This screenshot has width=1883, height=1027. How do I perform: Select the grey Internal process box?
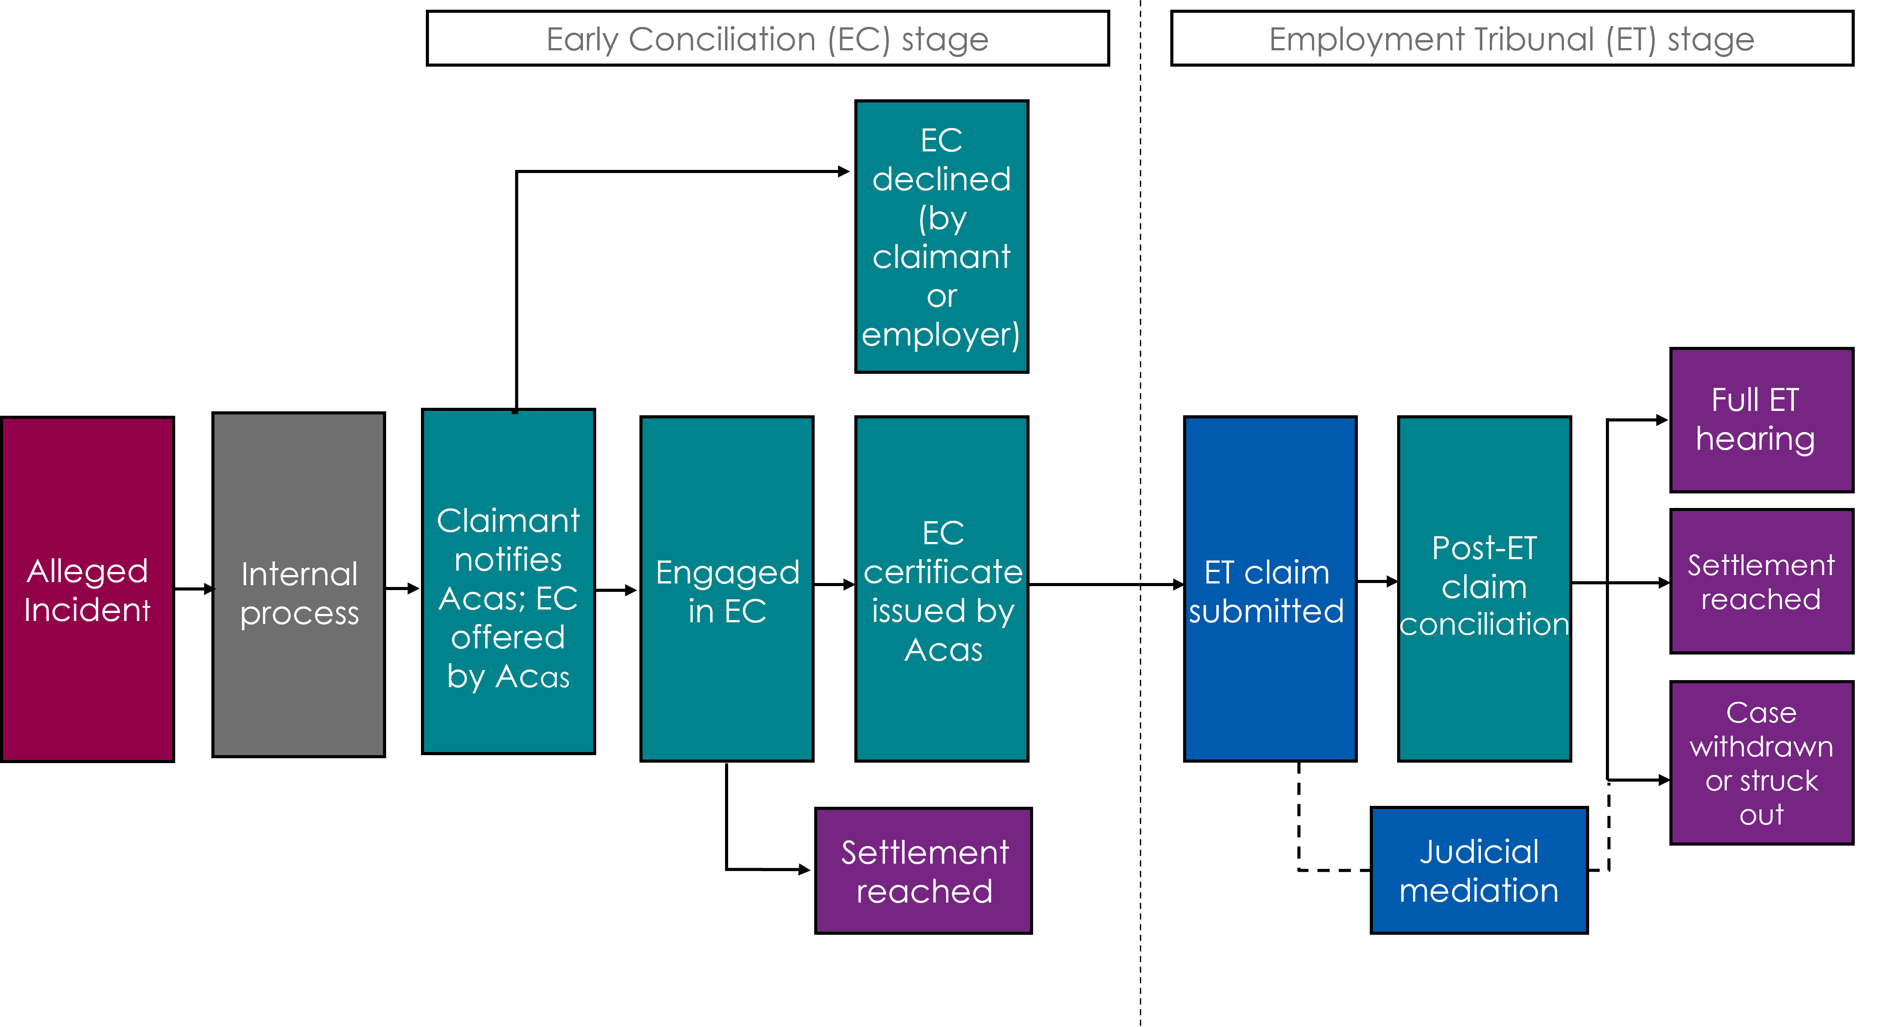[x=298, y=585]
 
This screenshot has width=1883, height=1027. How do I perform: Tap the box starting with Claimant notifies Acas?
[x=508, y=582]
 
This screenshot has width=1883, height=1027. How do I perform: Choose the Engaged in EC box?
[x=727, y=589]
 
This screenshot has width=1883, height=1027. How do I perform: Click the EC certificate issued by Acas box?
[x=942, y=589]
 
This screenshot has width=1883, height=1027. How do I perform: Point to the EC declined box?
[x=942, y=236]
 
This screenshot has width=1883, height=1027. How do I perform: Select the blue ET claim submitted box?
[x=1270, y=589]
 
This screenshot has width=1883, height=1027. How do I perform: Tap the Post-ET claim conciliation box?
[x=1484, y=589]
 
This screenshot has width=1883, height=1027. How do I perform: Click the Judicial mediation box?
[x=1479, y=870]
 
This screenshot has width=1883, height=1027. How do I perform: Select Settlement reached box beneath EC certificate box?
[x=923, y=871]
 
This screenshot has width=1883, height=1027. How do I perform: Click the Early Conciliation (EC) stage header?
[x=767, y=38]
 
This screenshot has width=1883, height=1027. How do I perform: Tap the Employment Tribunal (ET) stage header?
[x=1512, y=38]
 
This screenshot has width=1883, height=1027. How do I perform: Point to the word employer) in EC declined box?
[x=941, y=335]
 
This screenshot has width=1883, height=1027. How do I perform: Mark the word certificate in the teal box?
[x=943, y=572]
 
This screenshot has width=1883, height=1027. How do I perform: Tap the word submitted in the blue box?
[x=1266, y=611]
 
